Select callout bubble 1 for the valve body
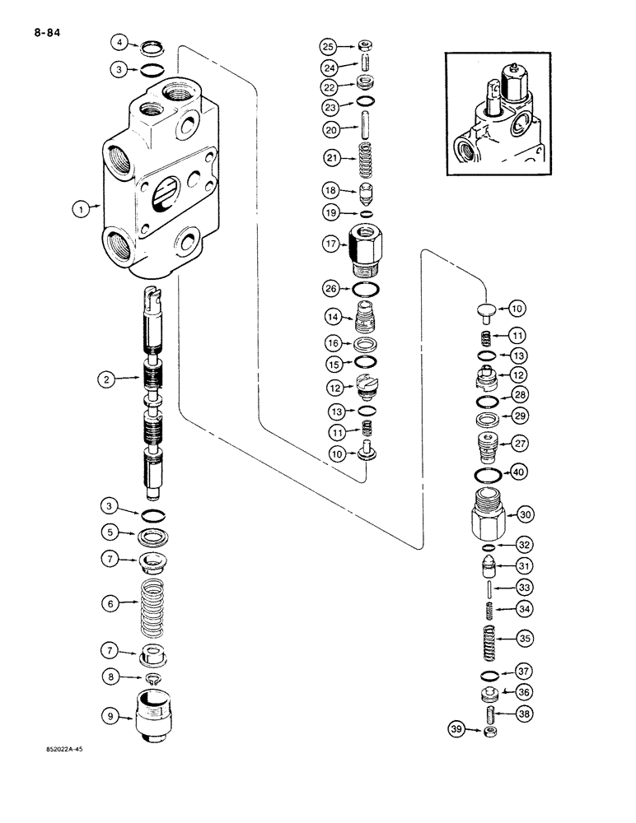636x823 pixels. coord(82,211)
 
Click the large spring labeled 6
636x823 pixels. coord(154,604)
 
